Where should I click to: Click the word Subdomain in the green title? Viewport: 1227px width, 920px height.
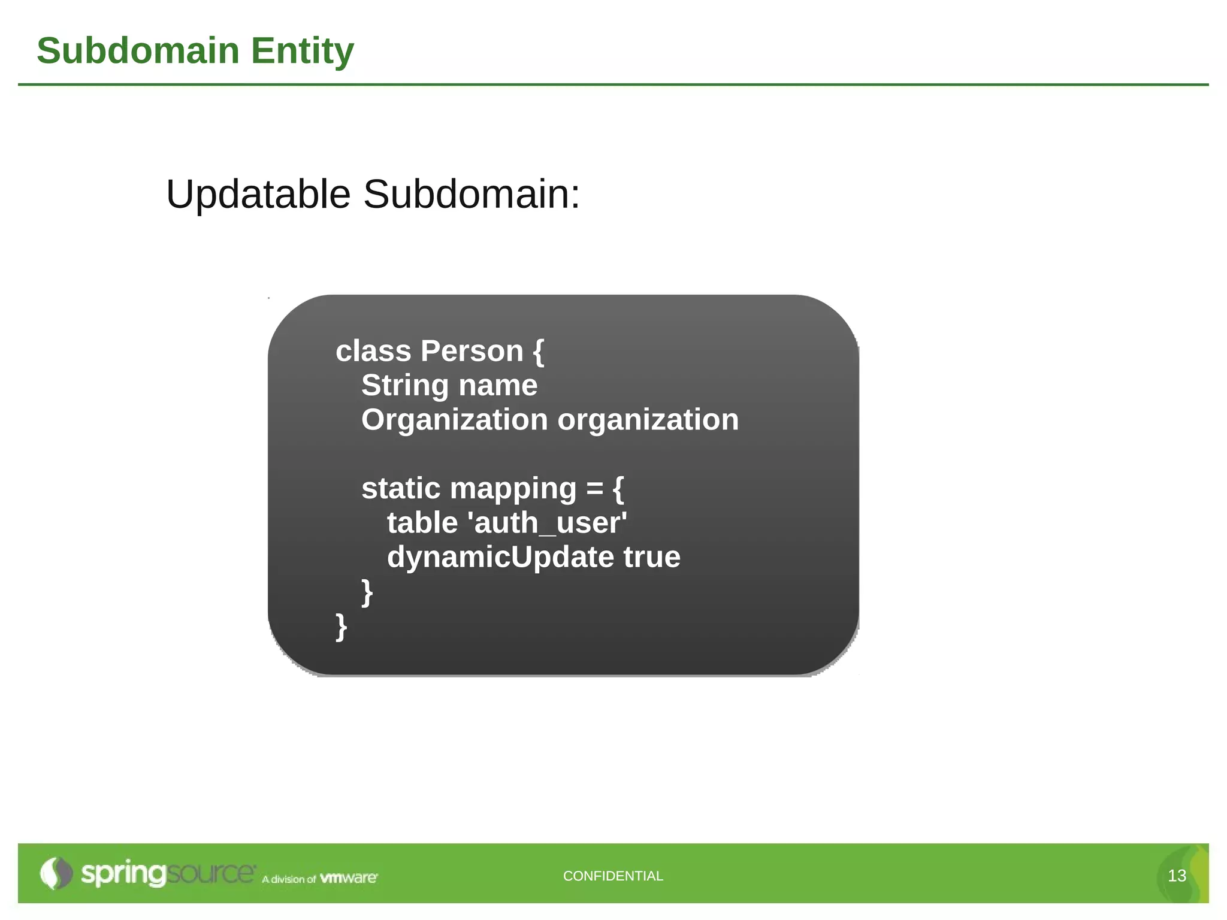pos(138,51)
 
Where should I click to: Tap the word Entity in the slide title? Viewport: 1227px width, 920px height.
pos(302,51)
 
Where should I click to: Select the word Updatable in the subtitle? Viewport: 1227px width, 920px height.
pos(258,195)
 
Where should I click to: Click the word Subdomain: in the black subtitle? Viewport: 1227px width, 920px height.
pos(472,195)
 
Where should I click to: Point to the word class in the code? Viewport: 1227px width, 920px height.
pos(373,351)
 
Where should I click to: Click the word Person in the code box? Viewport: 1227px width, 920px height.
pos(472,351)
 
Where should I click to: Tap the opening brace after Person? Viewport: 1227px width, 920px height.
pos(538,352)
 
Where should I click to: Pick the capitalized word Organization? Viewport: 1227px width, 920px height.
pos(454,420)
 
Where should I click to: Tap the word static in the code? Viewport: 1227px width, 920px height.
pos(401,488)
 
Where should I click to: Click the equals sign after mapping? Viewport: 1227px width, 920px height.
pos(594,489)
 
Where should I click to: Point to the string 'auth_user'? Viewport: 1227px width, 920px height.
pos(550,523)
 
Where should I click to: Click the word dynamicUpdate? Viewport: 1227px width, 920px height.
pos(500,557)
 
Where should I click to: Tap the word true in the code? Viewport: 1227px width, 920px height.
pos(652,557)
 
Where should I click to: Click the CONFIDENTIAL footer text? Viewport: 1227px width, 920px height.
pos(613,876)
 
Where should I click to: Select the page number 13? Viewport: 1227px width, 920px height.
pos(1177,876)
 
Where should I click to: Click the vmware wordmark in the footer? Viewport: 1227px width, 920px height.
pos(348,878)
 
